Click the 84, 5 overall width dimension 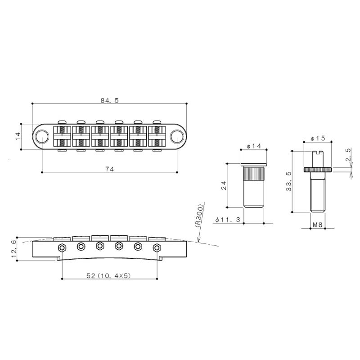pyautogui.click(x=109, y=100)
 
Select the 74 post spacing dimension pyautogui.click(x=109, y=169)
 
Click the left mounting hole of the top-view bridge pyautogui.click(x=42, y=135)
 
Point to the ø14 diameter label pyautogui.click(x=254, y=146)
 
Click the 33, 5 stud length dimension pyautogui.click(x=288, y=181)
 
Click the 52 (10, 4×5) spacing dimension pyautogui.click(x=109, y=275)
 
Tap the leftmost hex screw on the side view pyautogui.click(x=62, y=247)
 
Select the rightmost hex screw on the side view pyautogui.click(x=157, y=247)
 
